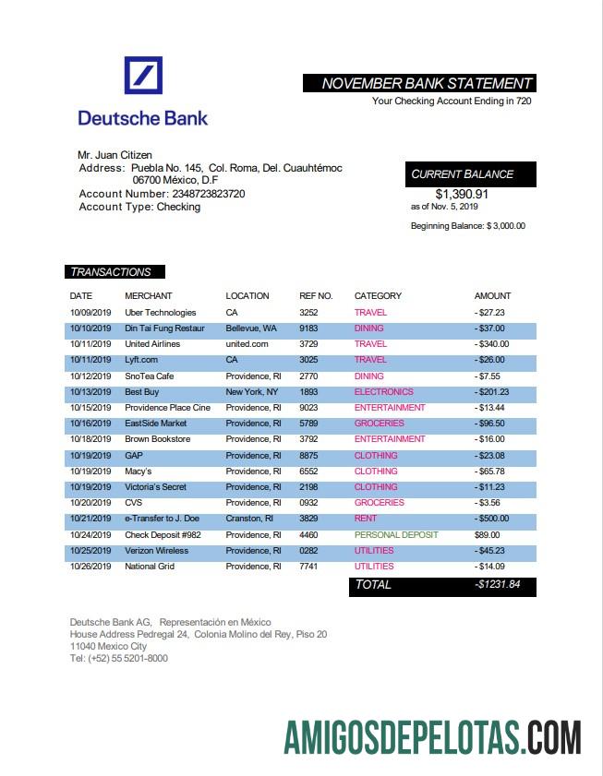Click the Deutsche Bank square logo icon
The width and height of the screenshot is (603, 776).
click(143, 75)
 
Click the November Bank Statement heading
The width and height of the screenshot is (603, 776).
click(427, 83)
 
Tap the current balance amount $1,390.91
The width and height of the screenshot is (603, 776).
click(462, 194)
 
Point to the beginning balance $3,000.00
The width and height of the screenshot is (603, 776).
click(468, 226)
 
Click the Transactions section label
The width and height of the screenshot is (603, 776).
click(111, 272)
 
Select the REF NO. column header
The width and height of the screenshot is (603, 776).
click(316, 296)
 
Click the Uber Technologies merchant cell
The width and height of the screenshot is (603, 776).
click(161, 313)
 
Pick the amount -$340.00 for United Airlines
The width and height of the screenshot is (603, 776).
click(491, 344)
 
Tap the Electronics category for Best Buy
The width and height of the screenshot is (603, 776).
click(384, 392)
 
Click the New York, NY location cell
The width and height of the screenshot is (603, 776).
click(252, 392)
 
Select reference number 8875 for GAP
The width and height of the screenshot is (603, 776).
click(309, 456)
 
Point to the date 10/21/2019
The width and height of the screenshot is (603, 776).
click(90, 519)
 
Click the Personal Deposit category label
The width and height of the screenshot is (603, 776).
click(396, 535)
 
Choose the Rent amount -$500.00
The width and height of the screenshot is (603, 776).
click(491, 519)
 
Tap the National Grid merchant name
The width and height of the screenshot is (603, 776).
click(150, 567)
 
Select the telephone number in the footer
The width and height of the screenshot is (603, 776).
click(119, 659)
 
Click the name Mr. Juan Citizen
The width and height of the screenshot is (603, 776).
click(115, 155)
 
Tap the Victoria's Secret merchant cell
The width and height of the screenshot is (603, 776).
click(156, 487)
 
